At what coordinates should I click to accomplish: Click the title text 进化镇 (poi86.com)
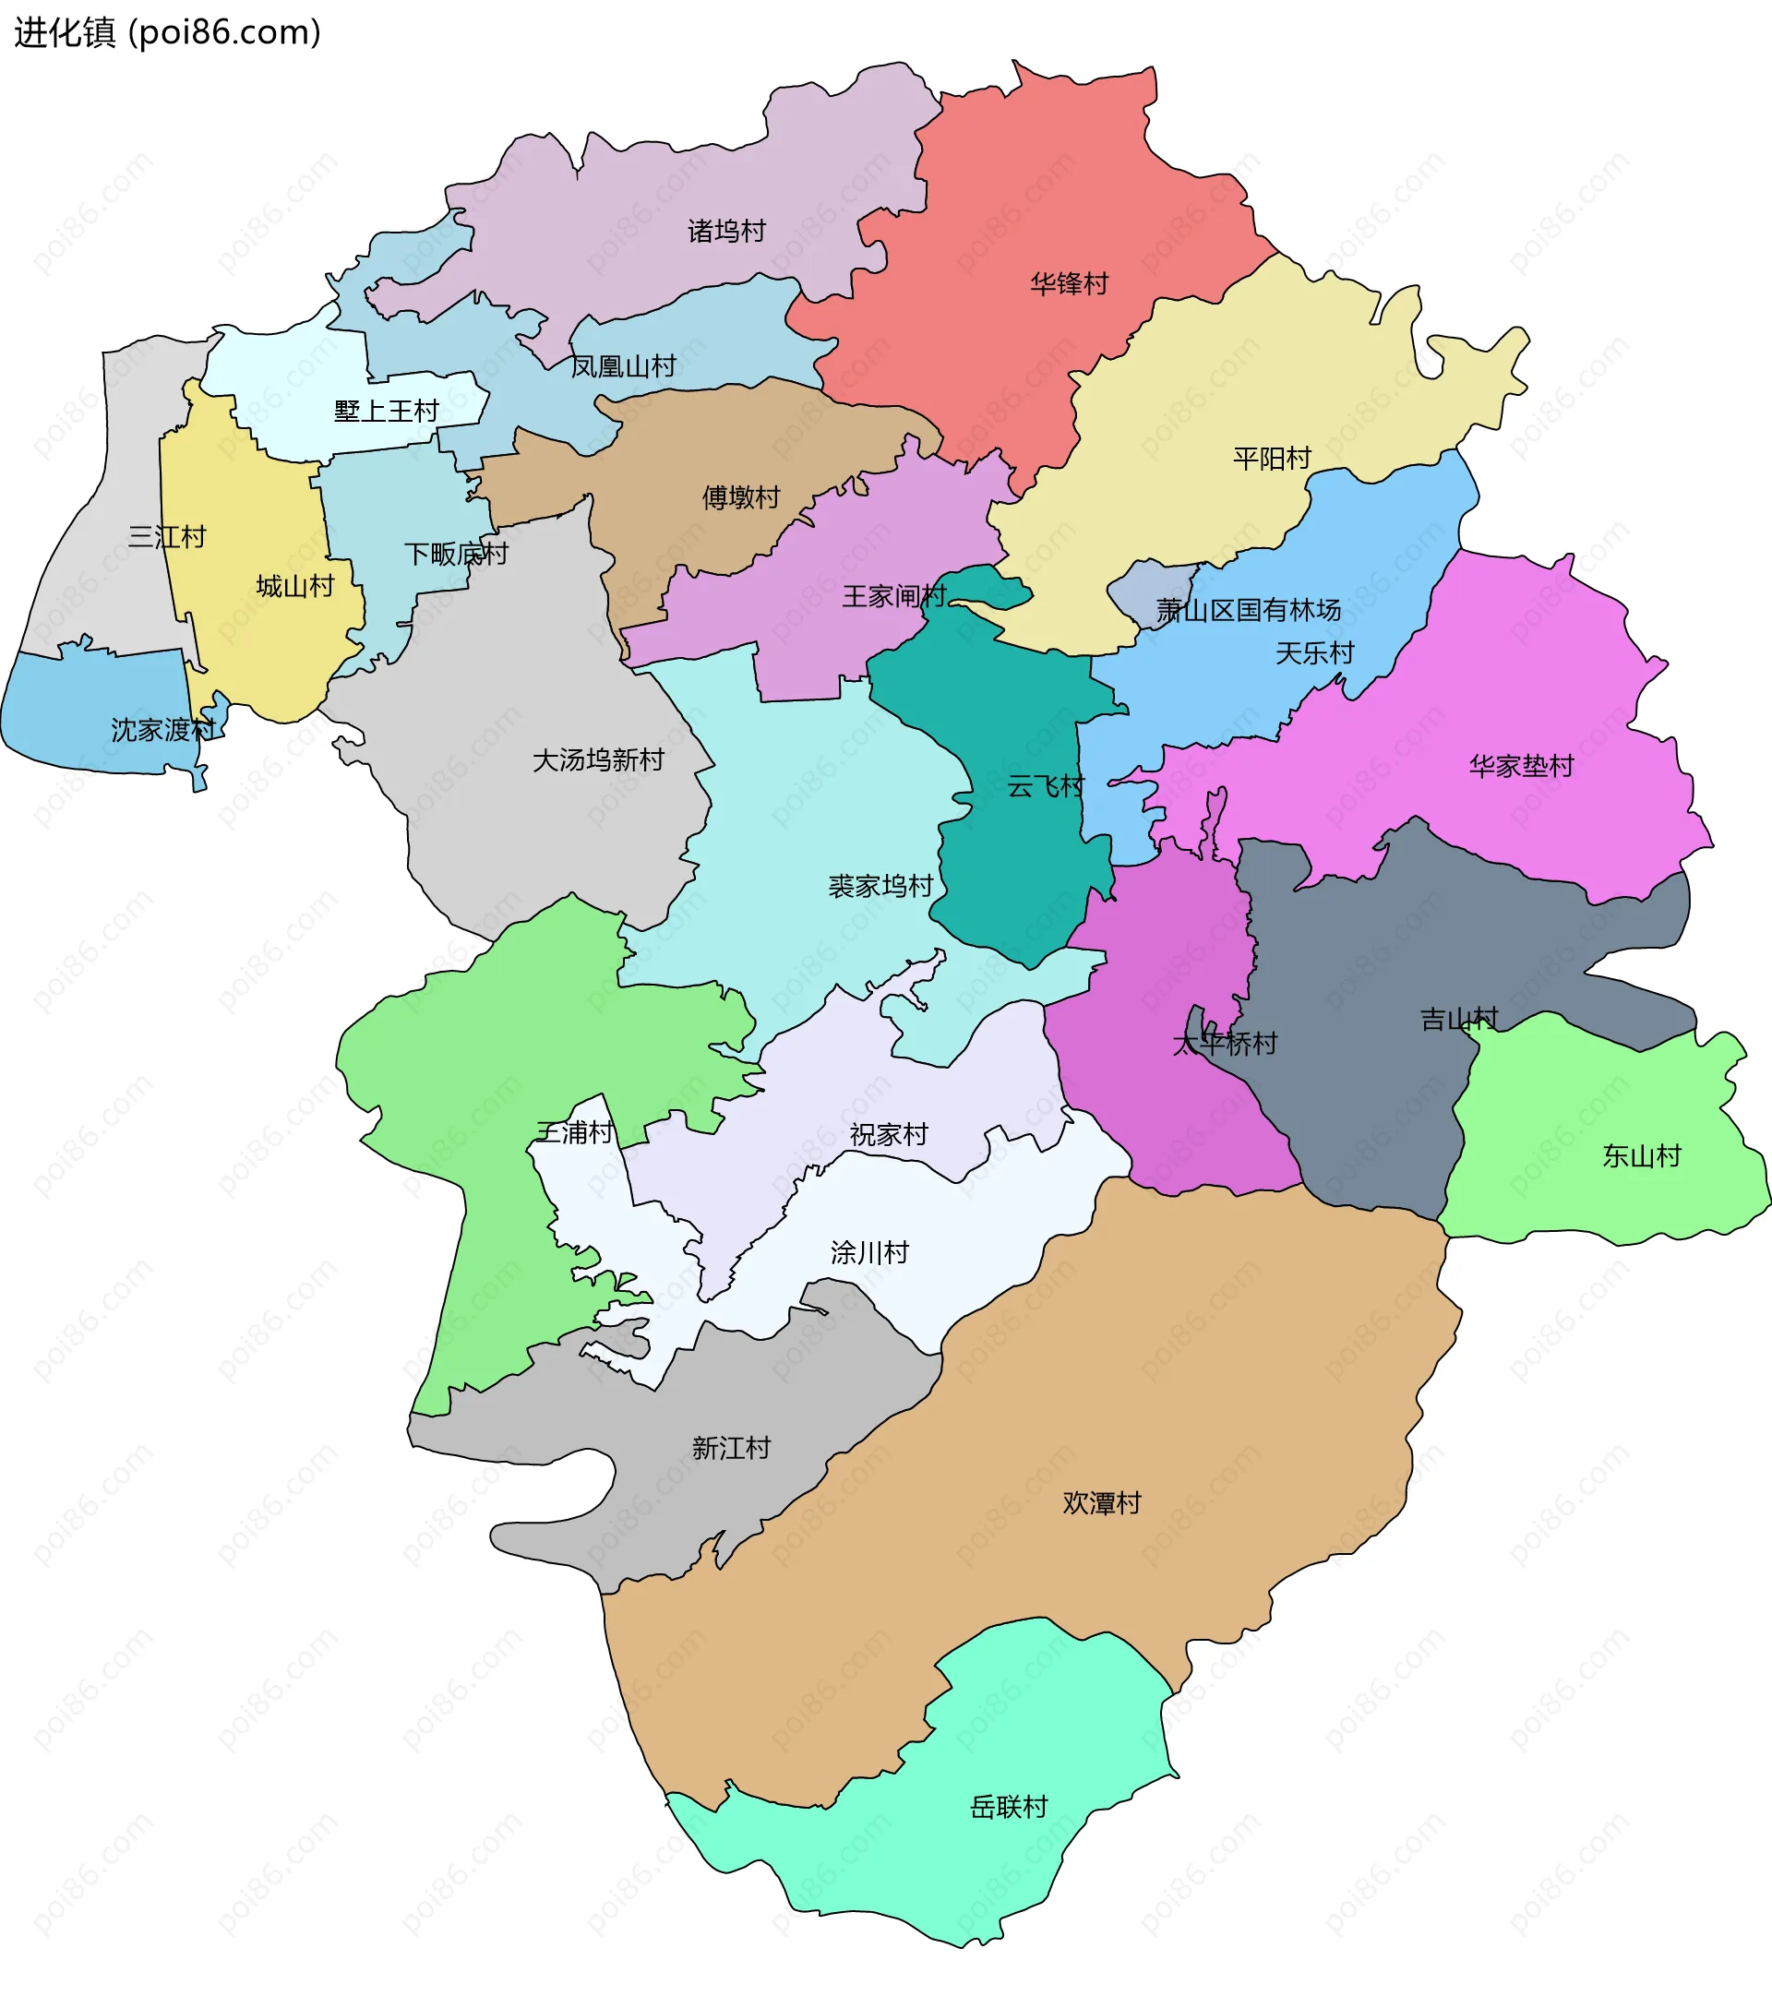click(167, 33)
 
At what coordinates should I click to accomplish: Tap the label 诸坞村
click(726, 231)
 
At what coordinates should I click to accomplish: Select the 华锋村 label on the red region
click(1069, 284)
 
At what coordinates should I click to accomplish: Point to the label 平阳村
click(1271, 459)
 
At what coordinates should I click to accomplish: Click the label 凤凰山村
click(624, 366)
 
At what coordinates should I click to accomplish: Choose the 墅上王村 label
click(386, 411)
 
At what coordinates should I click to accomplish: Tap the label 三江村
click(167, 536)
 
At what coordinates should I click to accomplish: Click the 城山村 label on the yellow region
click(294, 587)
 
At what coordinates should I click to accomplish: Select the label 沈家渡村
click(162, 730)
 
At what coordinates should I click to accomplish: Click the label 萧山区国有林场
click(1248, 610)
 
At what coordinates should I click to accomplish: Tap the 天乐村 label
click(1314, 653)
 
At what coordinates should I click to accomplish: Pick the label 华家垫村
click(1521, 766)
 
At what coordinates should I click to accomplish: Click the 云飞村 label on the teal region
click(1045, 786)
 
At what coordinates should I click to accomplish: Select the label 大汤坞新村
click(598, 759)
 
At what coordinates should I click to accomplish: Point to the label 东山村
click(1641, 1155)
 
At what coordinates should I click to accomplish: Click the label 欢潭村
click(1101, 1503)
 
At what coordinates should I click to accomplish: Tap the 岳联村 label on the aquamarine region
click(1009, 1807)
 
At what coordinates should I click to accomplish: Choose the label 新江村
click(731, 1448)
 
